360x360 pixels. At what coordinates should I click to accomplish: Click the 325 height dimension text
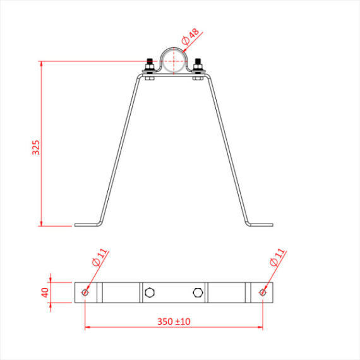36,147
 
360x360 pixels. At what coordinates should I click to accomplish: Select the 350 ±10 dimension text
174,321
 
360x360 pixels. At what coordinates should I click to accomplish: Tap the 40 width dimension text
44,292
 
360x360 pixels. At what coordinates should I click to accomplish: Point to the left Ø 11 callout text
99,258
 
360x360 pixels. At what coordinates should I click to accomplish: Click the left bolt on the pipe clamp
149,67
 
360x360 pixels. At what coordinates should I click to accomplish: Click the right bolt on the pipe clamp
198,67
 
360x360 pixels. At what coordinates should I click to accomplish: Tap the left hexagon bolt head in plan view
150,292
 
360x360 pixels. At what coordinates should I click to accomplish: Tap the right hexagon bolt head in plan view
198,292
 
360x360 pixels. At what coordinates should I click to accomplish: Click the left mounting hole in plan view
85,292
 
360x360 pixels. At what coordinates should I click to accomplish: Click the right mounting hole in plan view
263,292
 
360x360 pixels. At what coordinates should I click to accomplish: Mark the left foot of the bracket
88,224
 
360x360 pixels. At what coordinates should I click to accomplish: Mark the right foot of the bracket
260,224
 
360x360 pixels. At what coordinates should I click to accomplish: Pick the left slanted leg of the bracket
120,148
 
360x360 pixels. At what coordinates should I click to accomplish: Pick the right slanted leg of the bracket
227,148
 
